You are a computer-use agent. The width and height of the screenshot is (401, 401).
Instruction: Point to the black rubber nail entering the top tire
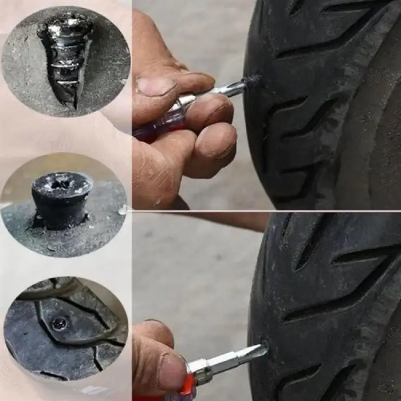[x=252, y=81]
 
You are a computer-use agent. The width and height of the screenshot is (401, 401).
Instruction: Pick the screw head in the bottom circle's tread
[x=58, y=323]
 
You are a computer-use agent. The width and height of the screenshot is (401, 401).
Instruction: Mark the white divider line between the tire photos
[x=266, y=211]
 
